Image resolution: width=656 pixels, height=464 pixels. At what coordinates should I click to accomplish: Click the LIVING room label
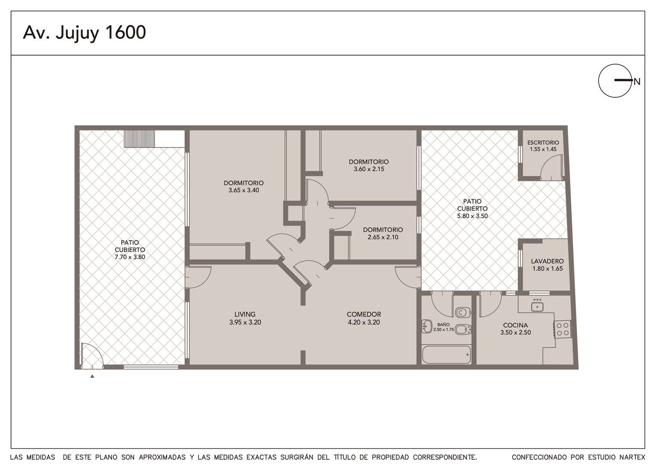coord(245,314)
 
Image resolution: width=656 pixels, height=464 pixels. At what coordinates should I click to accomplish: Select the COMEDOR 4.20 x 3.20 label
coord(364,318)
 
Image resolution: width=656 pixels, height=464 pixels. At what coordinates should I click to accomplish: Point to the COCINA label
coord(516,325)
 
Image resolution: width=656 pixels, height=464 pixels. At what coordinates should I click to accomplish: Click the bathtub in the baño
coord(446,355)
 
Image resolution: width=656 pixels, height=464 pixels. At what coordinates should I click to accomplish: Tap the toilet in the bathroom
coord(463,312)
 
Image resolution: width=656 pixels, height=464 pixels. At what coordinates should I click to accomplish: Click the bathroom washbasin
coord(427,326)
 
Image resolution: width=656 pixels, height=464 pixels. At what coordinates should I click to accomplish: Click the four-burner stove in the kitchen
coord(562,329)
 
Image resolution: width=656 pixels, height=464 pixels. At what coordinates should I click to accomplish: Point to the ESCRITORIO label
coord(543,143)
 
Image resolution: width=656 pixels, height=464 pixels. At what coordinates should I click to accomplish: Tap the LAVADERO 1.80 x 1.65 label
coord(547,265)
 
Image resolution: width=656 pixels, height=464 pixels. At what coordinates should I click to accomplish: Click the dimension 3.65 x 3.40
coord(244,190)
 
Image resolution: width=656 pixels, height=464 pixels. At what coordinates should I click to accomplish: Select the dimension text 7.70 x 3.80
coord(130,257)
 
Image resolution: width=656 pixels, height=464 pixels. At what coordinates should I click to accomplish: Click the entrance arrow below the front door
coord(92,376)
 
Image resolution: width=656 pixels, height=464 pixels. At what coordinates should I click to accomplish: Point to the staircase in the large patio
coord(139,139)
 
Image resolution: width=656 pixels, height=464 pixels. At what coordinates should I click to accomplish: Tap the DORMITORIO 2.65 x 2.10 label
coord(383,233)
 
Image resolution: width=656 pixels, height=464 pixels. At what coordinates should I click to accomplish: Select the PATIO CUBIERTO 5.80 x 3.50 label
coord(472,209)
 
